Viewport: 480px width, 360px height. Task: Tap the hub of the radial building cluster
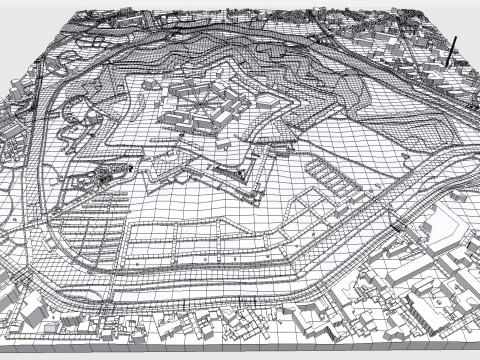[x=200, y=103]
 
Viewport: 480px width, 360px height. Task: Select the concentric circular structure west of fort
[x=104, y=175]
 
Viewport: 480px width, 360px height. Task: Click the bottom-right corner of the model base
[x=470, y=352]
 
